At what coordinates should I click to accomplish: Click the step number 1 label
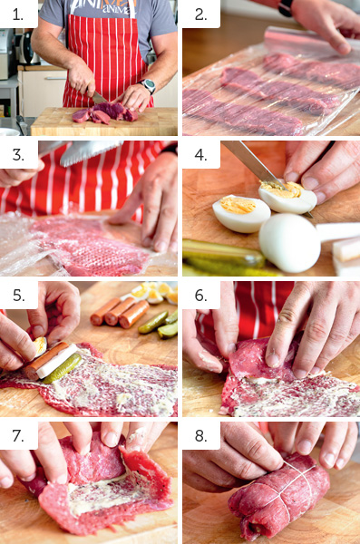click(x=18, y=15)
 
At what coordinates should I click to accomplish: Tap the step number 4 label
click(x=200, y=155)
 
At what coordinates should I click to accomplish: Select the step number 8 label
click(x=200, y=436)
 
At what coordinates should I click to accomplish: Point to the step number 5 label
click(x=18, y=296)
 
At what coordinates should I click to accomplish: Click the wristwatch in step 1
click(x=148, y=85)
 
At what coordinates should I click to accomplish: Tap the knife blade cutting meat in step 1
click(x=99, y=98)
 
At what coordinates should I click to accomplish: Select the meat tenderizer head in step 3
click(x=90, y=152)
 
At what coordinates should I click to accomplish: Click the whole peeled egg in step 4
click(x=289, y=242)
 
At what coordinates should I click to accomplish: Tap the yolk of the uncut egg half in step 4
click(x=238, y=205)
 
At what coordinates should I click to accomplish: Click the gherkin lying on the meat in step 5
click(x=63, y=368)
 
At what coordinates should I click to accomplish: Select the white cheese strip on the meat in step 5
click(x=58, y=361)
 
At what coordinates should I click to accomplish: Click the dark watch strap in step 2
click(x=286, y=8)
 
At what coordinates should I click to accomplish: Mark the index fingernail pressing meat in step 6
click(x=273, y=360)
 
